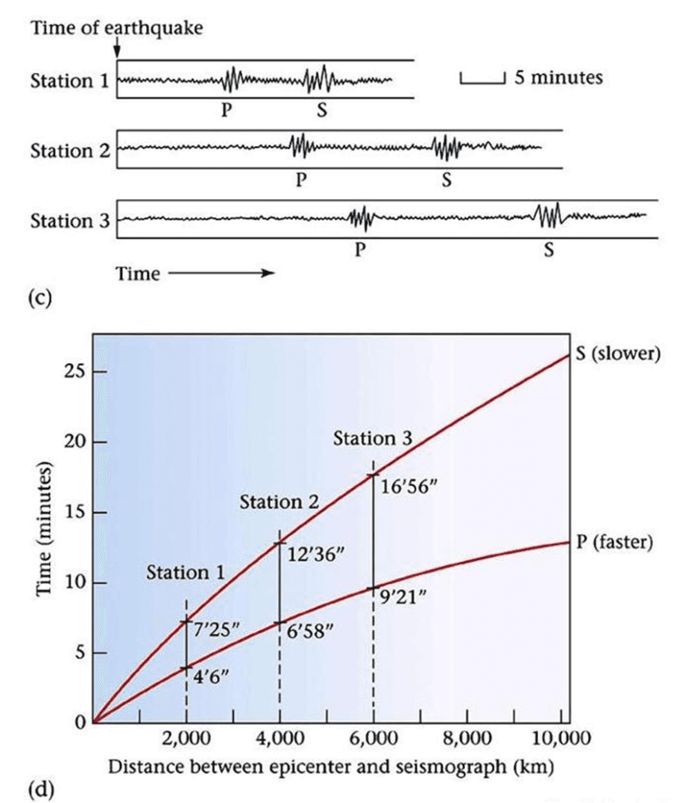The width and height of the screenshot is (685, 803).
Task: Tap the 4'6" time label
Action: tap(209, 678)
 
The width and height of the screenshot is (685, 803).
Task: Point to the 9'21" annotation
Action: tap(402, 599)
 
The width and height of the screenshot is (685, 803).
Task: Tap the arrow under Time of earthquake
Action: tap(117, 49)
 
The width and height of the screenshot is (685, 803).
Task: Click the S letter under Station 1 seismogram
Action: tap(320, 110)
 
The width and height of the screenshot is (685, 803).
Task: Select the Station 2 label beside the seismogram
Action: tap(70, 150)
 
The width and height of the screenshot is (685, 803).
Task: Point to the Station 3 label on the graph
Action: tap(372, 439)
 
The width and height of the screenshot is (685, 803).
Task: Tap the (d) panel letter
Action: tap(39, 786)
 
